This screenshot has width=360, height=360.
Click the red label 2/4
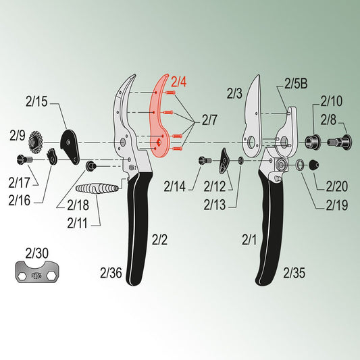click(178, 82)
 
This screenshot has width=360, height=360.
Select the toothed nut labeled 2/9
click(35, 143)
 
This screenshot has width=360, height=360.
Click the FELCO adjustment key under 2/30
click(37, 272)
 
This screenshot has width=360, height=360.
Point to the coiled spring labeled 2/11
click(97, 188)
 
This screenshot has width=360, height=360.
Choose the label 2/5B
click(296, 84)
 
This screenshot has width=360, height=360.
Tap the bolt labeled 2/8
click(339, 143)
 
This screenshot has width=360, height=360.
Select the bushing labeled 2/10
click(313, 142)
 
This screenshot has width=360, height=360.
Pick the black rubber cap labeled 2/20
click(314, 165)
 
